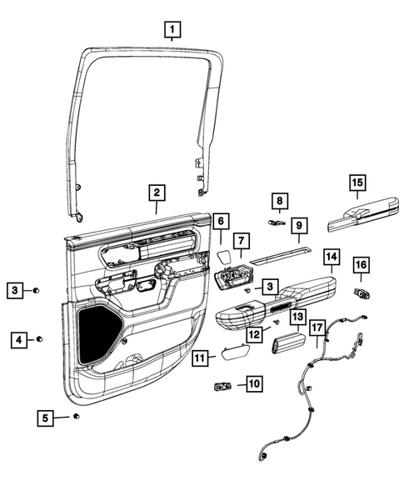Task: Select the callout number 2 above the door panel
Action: pyautogui.click(x=155, y=193)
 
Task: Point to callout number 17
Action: pyautogui.click(x=317, y=328)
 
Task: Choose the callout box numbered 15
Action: pyautogui.click(x=357, y=183)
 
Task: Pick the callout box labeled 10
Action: pyautogui.click(x=252, y=384)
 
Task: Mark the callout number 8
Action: pyautogui.click(x=280, y=201)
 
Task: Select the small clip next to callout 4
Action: pyautogui.click(x=39, y=340)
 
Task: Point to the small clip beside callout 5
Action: pyautogui.click(x=76, y=415)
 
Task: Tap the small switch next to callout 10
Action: pyautogui.click(x=222, y=385)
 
